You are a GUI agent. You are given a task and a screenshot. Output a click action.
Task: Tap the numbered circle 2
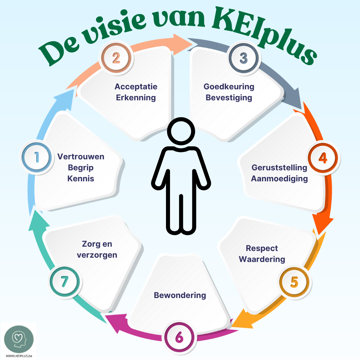pos(116,58)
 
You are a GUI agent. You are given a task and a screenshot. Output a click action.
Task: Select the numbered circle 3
pos(244,58)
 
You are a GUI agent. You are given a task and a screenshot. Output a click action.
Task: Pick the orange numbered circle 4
pos(323,158)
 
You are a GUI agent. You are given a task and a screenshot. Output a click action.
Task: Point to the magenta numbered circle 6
pos(179,338)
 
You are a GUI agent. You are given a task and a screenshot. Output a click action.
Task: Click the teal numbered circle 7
pos(65,282)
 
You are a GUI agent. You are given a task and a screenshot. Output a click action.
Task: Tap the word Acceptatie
pos(136,87)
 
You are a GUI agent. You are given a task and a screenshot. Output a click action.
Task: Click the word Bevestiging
pos(229,98)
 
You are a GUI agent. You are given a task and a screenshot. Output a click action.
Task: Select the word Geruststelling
pos(279,167)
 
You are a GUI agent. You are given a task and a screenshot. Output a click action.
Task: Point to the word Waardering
pos(262,259)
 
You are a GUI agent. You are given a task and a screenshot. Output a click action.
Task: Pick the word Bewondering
pos(180,295)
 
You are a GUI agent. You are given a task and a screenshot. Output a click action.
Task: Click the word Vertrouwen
pos(81,157)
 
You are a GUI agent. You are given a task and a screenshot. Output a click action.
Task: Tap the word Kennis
pos(81,179)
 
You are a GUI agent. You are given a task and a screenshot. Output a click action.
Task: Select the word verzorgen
pos(97,255)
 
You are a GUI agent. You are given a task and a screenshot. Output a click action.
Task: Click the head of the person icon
pos(180,132)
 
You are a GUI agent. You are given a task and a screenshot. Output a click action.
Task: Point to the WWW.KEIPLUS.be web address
pos(19,356)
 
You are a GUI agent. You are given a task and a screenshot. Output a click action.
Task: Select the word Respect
pos(262,248)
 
